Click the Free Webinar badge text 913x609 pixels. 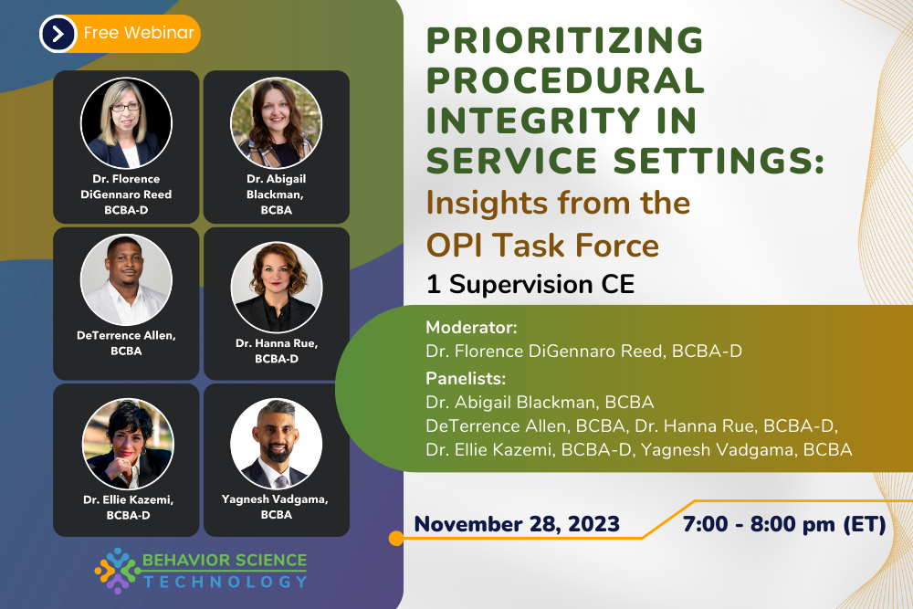click(x=139, y=34)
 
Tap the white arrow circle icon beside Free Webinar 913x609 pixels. click(x=58, y=34)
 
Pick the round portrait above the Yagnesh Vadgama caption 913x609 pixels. click(x=276, y=444)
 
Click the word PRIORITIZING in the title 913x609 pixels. click(x=565, y=40)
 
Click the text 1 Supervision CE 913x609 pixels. click(x=530, y=285)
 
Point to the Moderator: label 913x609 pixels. click(x=471, y=328)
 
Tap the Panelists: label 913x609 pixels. click(x=466, y=378)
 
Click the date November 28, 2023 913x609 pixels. click(x=517, y=524)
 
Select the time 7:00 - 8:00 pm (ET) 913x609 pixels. click(x=784, y=524)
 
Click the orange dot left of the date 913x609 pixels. click(x=396, y=539)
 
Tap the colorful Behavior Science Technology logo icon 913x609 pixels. click(x=115, y=570)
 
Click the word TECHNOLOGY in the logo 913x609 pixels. click(x=224, y=582)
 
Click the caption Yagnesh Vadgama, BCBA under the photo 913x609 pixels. click(x=276, y=506)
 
